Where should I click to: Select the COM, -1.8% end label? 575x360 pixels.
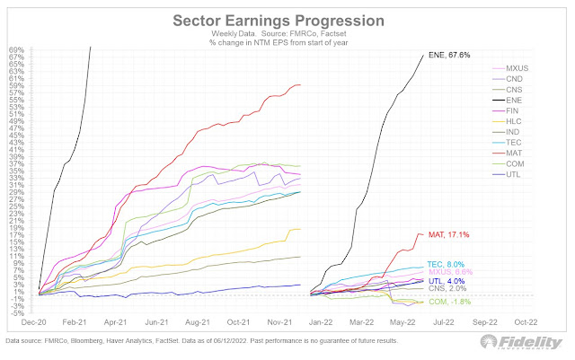coord(449,302)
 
